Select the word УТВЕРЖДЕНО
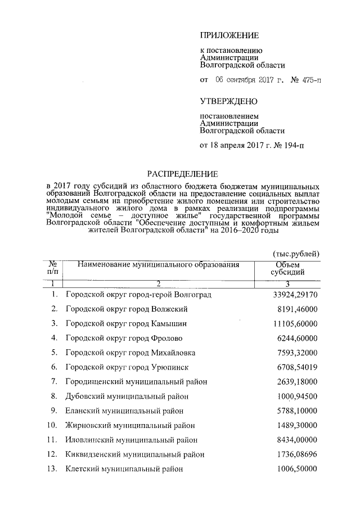point(229,101)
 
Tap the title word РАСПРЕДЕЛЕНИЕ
point(182,174)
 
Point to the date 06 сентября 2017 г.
point(250,80)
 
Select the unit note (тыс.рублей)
point(295,254)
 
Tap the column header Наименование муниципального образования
point(159,264)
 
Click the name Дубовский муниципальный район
point(129,396)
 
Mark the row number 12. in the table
point(52,454)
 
